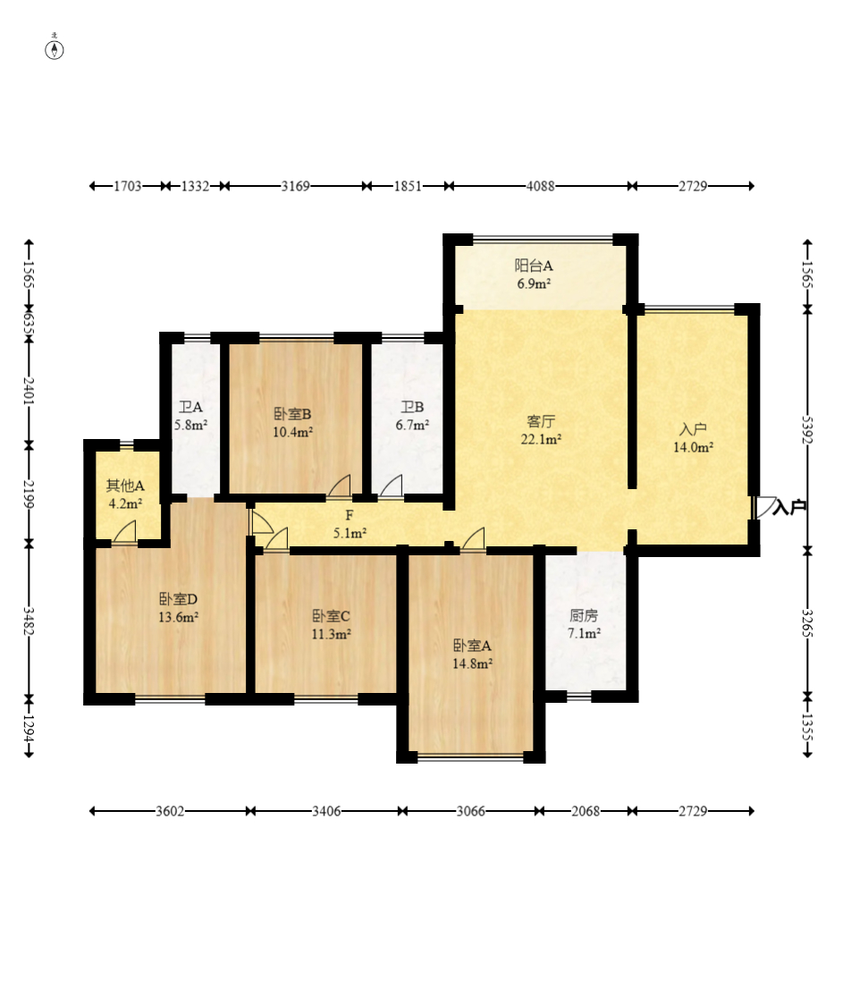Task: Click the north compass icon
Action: (55, 49)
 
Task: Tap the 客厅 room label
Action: (541, 421)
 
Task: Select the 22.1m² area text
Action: (541, 439)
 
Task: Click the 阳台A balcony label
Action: (534, 266)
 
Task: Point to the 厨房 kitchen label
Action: (584, 615)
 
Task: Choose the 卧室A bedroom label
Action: (472, 646)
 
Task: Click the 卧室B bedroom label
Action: (292, 414)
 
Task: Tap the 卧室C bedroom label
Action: (331, 616)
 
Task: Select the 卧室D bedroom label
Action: (178, 599)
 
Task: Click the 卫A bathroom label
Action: (190, 407)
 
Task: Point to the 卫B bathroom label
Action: (412, 407)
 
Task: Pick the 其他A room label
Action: (125, 486)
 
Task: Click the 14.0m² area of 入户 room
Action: (693, 447)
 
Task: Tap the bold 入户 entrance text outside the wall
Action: (789, 507)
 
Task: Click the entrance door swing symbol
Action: (764, 507)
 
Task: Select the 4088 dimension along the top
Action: (540, 186)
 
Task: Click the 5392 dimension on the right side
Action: (807, 430)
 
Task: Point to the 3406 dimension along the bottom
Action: (326, 811)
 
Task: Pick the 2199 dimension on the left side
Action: (29, 494)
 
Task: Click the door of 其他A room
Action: (125, 532)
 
